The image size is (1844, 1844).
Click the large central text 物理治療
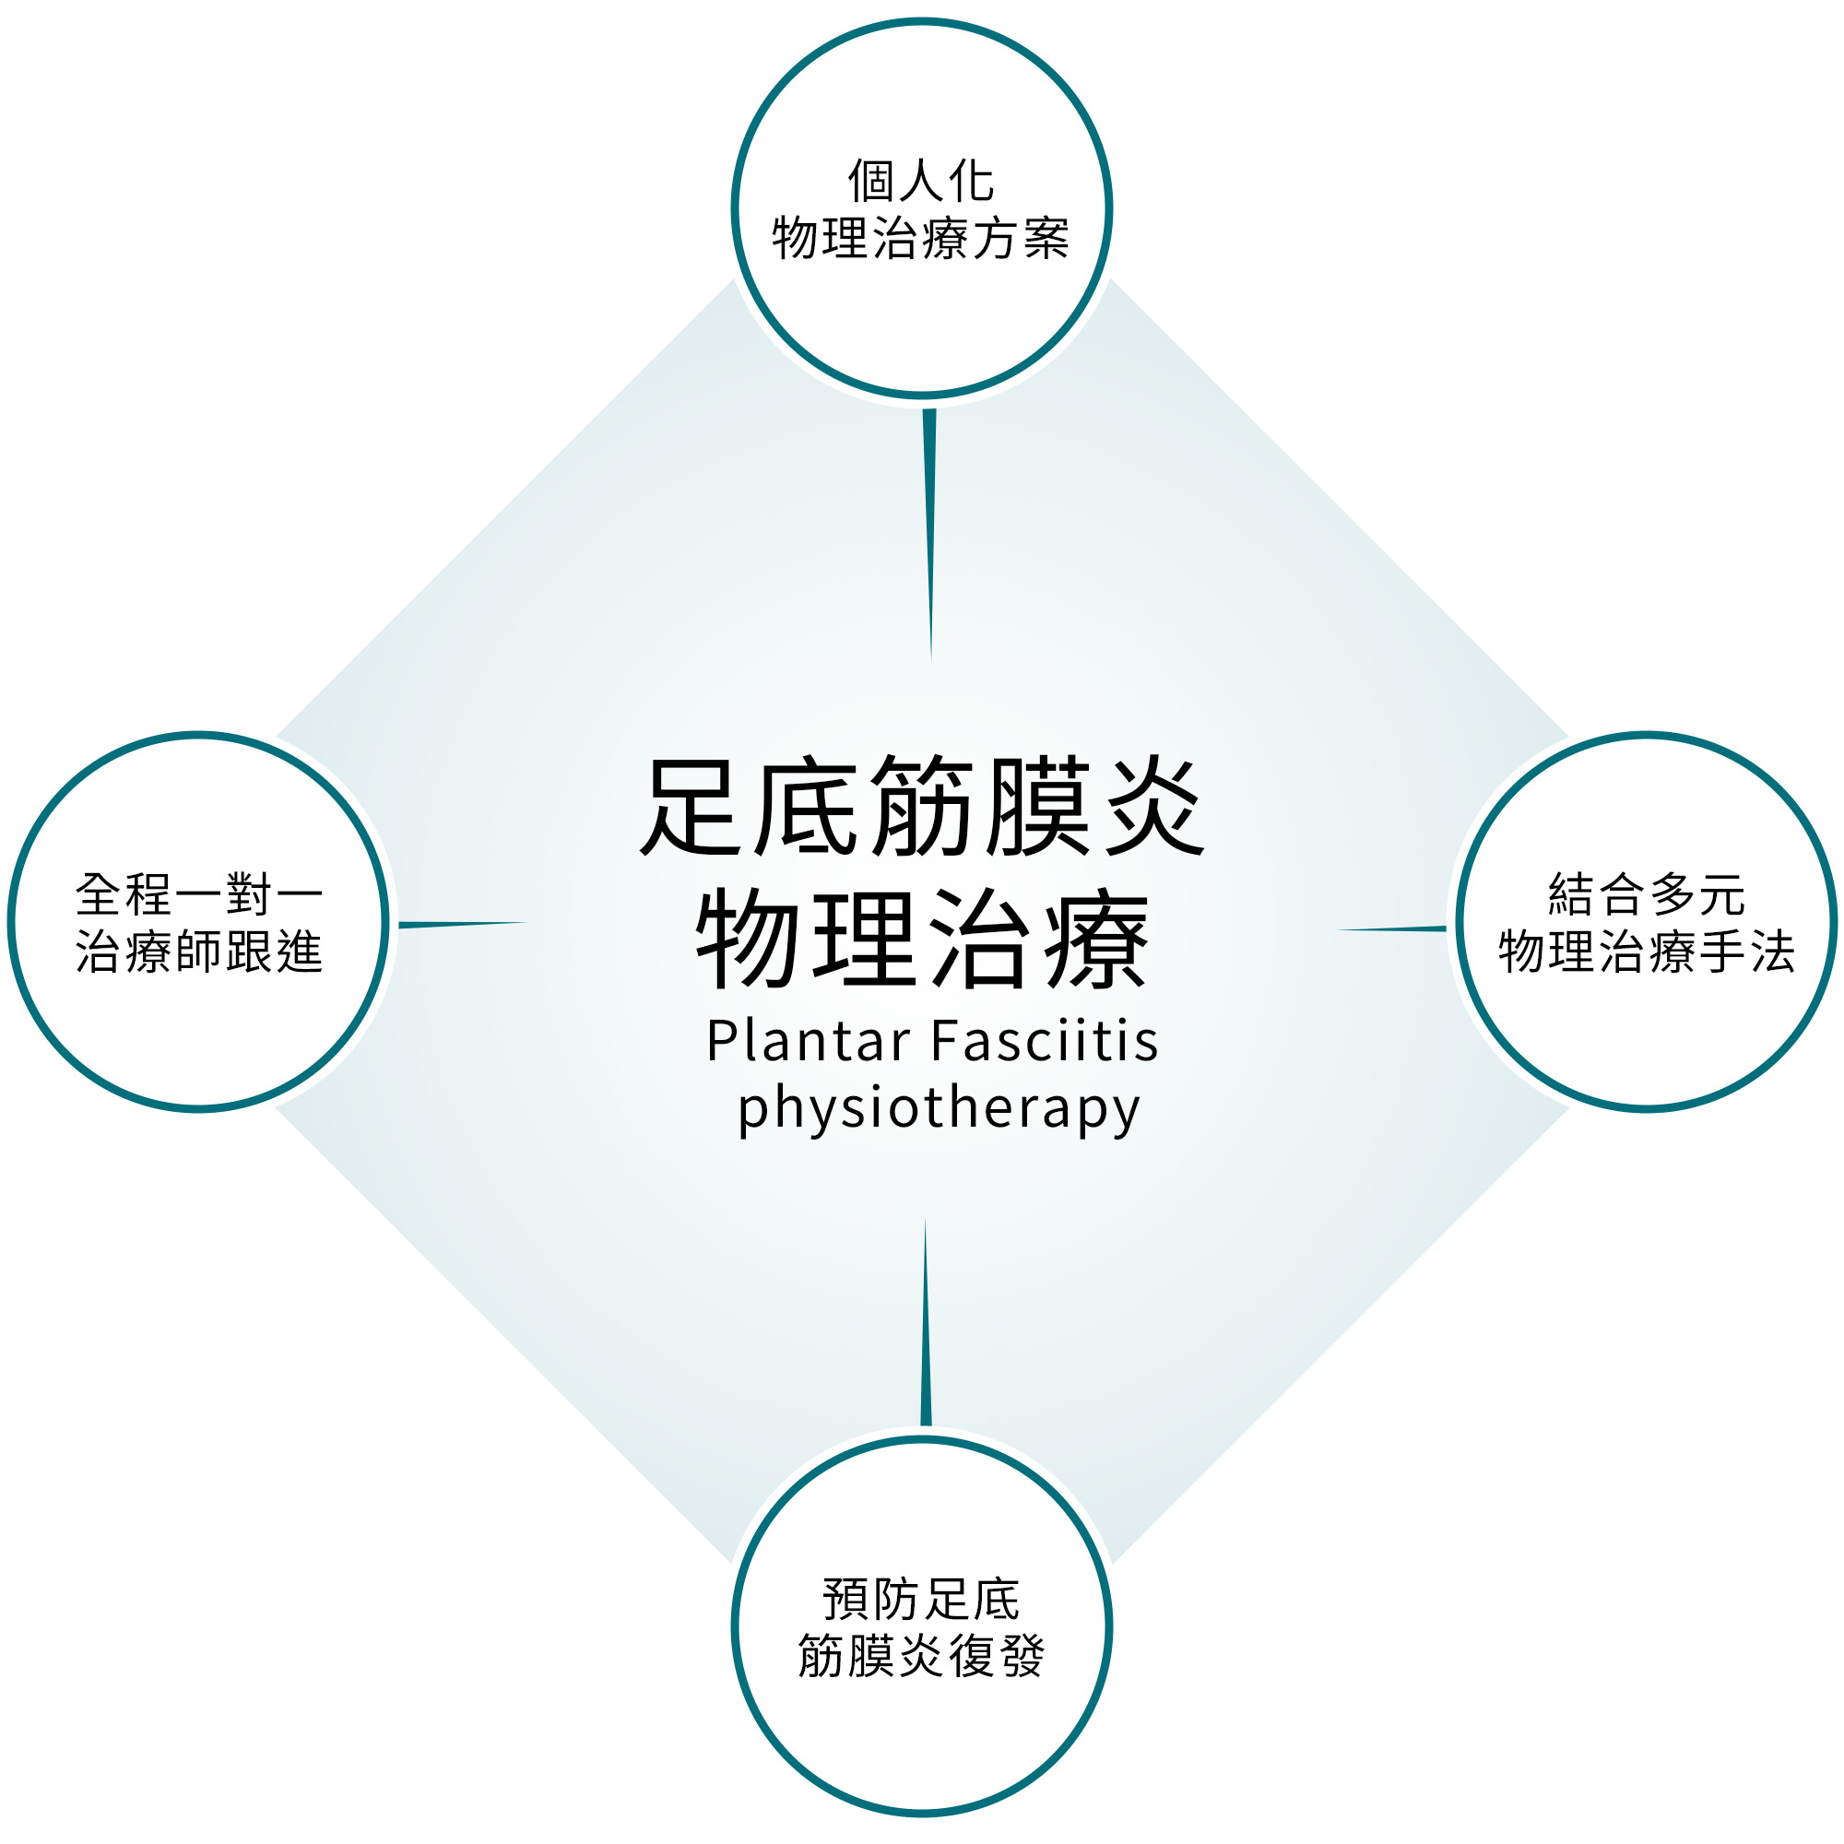pyautogui.click(x=922, y=939)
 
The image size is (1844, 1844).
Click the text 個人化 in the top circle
pyautogui.click(x=921, y=181)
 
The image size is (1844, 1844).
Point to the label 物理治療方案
pyautogui.click(x=921, y=238)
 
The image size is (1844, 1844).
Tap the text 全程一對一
pyautogui.click(x=199, y=894)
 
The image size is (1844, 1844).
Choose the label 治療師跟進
pyautogui.click(x=199, y=952)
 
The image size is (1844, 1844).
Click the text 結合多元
pyautogui.click(x=1647, y=894)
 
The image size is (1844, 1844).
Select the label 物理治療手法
pyautogui.click(x=1647, y=952)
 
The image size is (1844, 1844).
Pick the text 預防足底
pyautogui.click(x=921, y=1600)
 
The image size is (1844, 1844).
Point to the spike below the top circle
pyautogui.click(x=929, y=535)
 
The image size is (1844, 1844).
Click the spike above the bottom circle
pyautogui.click(x=925, y=1322)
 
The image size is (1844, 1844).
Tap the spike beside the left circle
pyautogui.click(x=463, y=924)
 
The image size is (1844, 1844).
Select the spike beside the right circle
pyautogui.click(x=1392, y=928)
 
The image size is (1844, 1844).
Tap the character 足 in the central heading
pyautogui.click(x=691, y=808)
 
